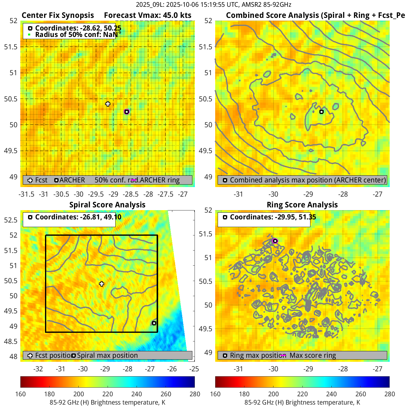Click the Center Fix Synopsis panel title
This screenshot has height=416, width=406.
[58, 15]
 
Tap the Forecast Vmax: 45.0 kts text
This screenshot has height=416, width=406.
[147, 15]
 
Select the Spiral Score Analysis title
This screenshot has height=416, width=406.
[107, 205]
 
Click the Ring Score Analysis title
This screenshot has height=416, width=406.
[302, 205]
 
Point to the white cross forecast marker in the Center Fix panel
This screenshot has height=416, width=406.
[108, 104]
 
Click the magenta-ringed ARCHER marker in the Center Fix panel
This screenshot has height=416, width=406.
[126, 112]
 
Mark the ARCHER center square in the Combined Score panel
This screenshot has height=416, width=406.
[321, 112]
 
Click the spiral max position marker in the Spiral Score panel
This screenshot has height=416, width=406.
[154, 323]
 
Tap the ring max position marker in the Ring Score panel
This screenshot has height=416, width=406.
[275, 241]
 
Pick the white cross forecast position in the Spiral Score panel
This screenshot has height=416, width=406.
[102, 284]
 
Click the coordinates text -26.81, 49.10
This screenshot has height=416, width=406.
[78, 217]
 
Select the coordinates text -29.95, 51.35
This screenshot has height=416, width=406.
[273, 217]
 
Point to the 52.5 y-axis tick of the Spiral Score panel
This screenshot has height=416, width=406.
[11, 220]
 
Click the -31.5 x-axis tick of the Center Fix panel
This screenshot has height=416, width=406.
[27, 194]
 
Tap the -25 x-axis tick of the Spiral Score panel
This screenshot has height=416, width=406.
[194, 369]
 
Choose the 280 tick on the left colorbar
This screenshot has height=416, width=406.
[195, 394]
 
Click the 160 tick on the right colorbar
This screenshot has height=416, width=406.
[215, 394]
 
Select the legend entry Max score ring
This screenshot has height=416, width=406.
[312, 355]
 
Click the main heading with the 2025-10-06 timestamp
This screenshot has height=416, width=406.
[213, 5]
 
